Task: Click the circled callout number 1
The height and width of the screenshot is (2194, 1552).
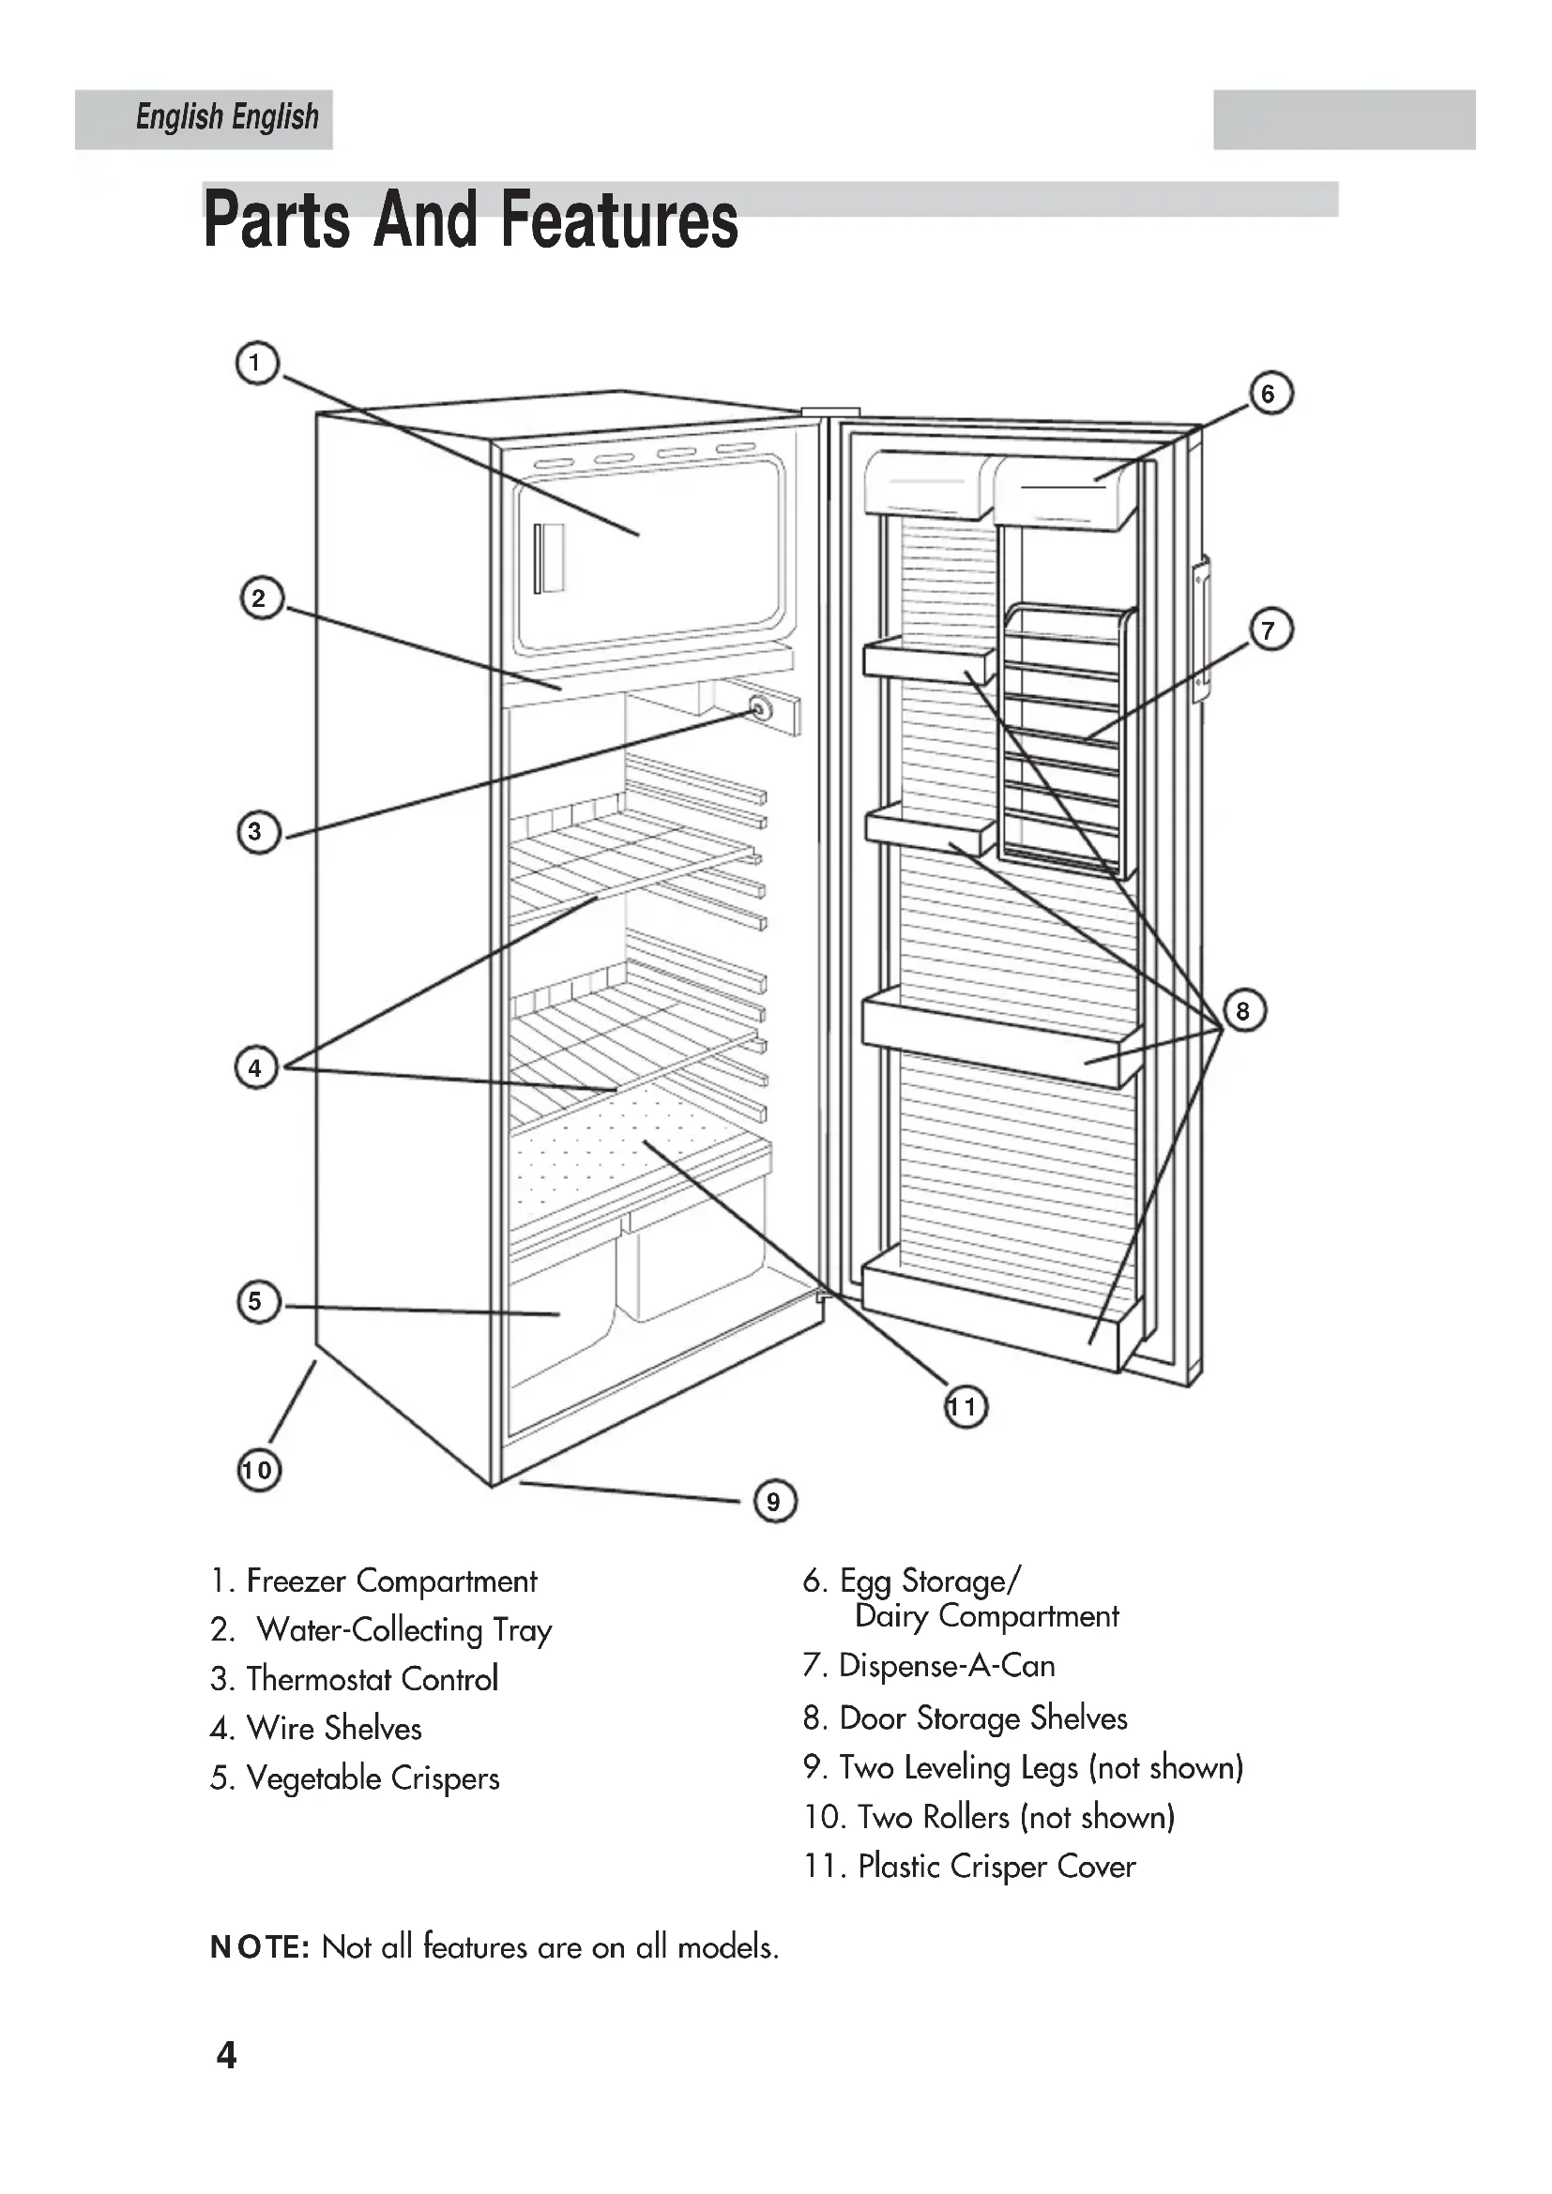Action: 256,364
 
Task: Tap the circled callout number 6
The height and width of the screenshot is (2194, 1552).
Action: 1271,394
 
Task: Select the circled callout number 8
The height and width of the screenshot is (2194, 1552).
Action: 1243,1011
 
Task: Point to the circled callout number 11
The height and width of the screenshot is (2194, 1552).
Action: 965,1408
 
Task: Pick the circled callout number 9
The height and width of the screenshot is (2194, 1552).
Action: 774,1501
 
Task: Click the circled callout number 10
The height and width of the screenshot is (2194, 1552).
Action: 258,1470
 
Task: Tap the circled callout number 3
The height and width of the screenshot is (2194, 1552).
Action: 257,832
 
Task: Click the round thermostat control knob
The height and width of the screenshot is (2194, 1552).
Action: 760,709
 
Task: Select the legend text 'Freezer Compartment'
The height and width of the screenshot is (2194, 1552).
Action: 391,1581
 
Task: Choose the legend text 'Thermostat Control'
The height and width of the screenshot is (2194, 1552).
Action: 372,1679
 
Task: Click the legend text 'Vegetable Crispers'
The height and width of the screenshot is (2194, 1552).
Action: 373,1778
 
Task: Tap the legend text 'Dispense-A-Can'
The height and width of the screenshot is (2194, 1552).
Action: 946,1666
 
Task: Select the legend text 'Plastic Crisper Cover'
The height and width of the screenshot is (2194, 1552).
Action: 996,1867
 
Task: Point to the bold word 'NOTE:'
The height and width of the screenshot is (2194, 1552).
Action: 259,1947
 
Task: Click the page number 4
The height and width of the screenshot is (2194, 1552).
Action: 226,2054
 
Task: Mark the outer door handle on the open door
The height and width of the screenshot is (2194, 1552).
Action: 1200,630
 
